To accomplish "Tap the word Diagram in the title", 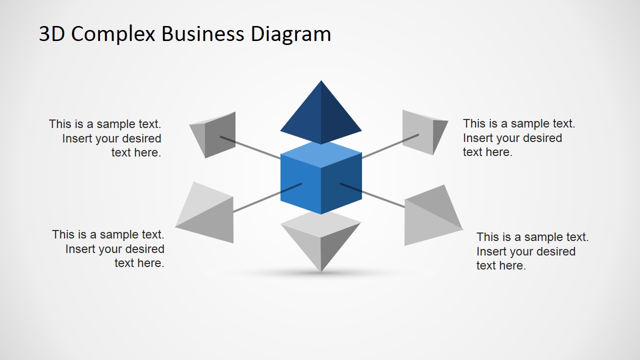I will [x=290, y=34].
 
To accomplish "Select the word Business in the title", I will [x=203, y=34].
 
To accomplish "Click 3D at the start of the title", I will [x=51, y=34].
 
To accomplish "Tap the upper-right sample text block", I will [x=518, y=138].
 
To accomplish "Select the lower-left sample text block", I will [x=108, y=249].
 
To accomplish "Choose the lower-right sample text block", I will [x=532, y=251].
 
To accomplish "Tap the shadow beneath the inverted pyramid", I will [x=320, y=274].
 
